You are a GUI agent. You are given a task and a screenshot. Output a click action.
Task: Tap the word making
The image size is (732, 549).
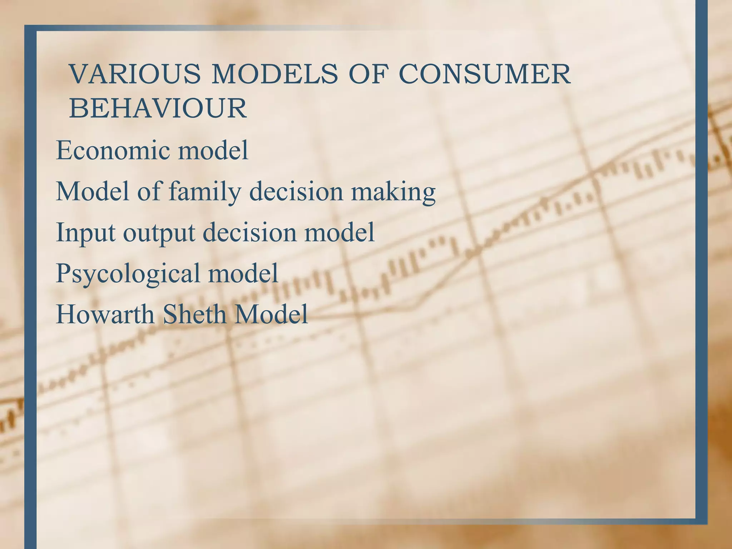click(393, 192)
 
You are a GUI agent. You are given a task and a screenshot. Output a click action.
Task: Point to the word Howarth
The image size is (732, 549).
click(105, 315)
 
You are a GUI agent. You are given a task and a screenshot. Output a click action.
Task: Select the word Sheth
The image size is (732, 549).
click(194, 315)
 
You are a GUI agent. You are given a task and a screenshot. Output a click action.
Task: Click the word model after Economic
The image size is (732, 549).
click(213, 150)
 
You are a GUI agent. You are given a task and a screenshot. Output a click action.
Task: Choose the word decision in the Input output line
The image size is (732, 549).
click(249, 233)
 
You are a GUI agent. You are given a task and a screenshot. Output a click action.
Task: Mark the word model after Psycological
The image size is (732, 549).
click(243, 273)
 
